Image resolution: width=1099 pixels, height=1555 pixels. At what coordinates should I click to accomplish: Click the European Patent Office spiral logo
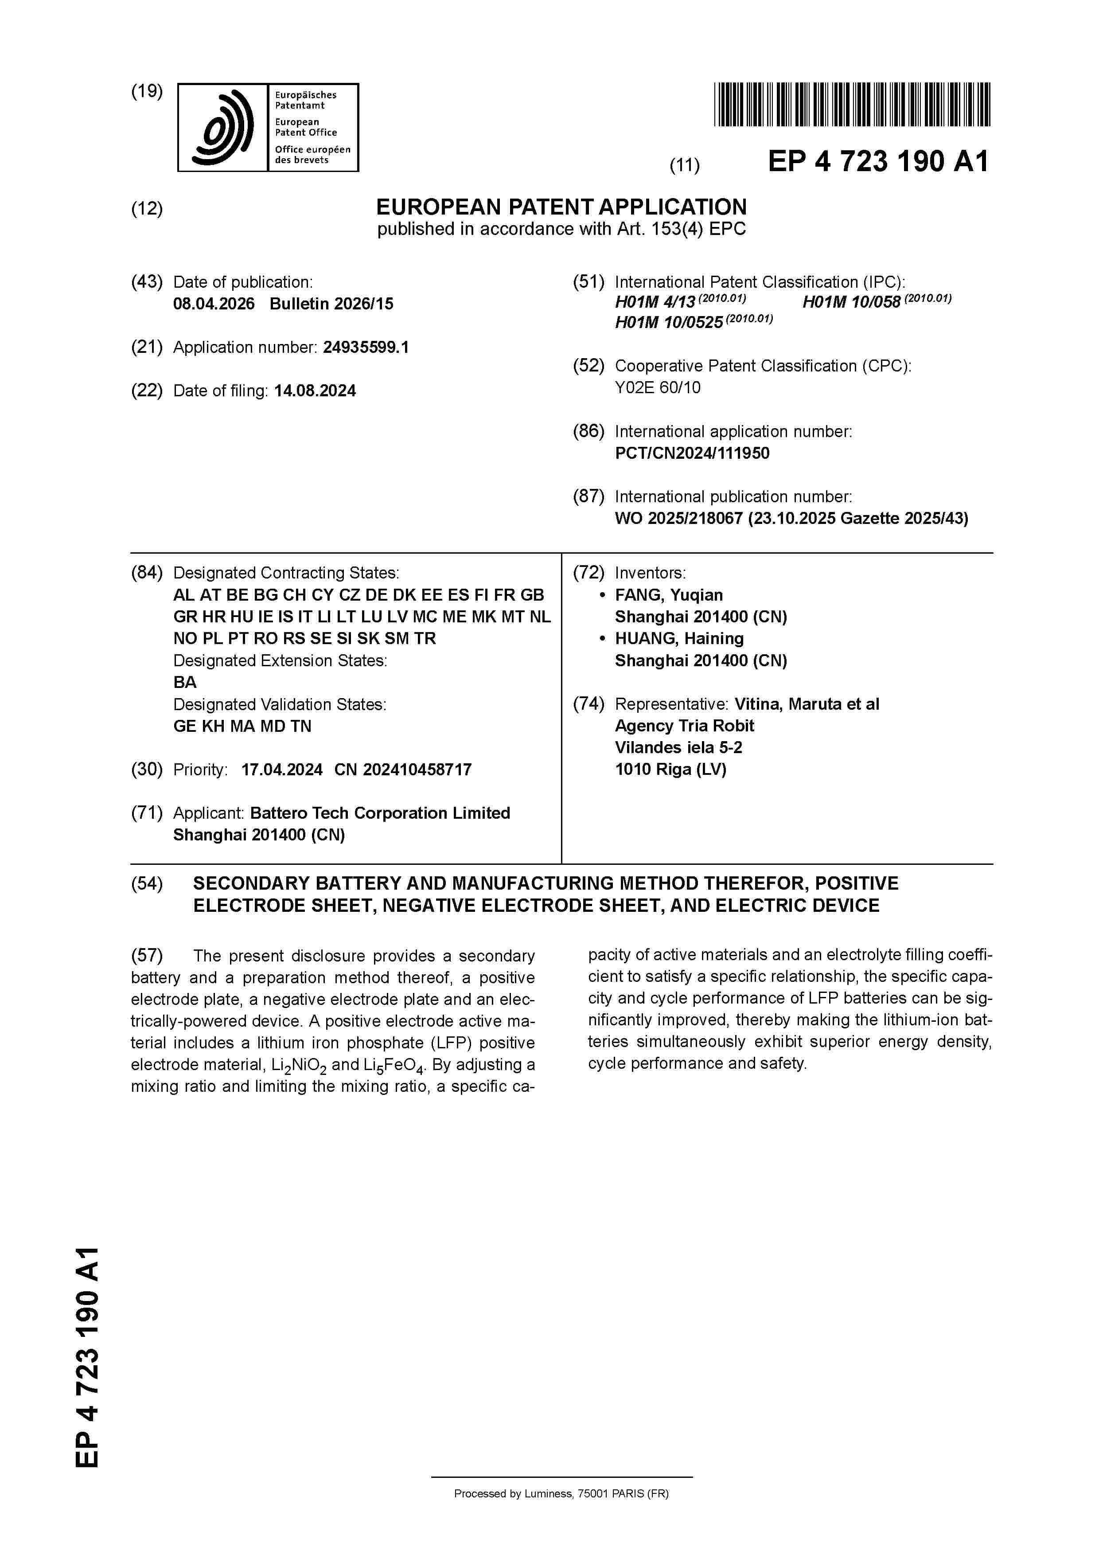pos(223,127)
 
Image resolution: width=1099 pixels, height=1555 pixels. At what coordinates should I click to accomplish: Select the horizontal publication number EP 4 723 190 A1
pos(877,162)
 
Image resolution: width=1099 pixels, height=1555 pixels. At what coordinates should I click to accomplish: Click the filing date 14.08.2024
pos(315,391)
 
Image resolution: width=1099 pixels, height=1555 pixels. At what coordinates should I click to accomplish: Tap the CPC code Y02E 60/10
pos(658,387)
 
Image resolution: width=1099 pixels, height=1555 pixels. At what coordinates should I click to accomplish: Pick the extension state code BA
pos(185,682)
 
